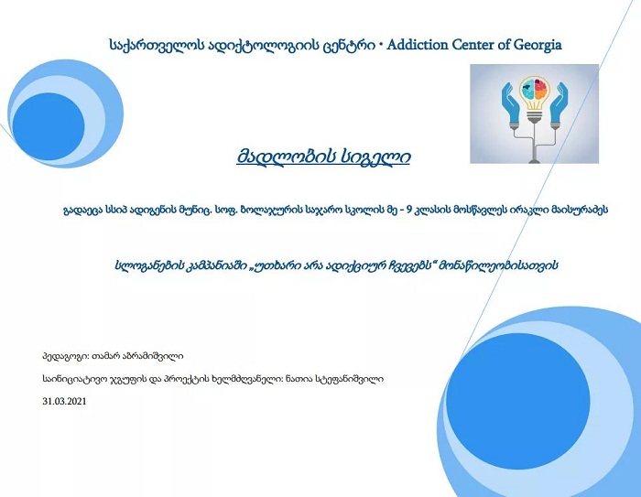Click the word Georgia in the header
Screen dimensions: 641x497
point(538,46)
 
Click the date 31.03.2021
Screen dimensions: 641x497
point(65,402)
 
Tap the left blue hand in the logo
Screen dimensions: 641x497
point(511,104)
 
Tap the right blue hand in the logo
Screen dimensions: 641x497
point(559,104)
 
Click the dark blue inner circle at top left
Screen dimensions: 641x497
point(49,126)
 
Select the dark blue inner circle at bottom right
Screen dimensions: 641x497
point(517,401)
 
